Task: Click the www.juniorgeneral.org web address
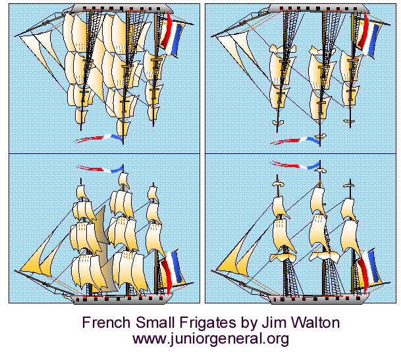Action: (211, 340)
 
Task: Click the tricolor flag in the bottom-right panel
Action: (367, 269)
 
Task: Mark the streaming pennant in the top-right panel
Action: (295, 140)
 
